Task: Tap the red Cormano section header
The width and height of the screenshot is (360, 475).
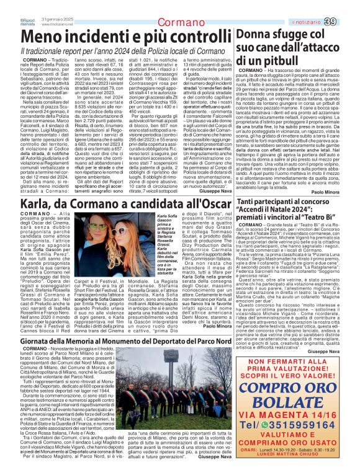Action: click(x=180, y=23)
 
